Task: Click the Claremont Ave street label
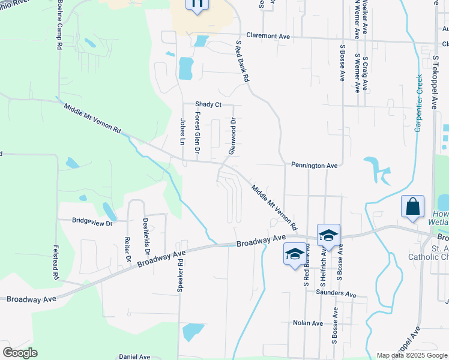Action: pyautogui.click(x=268, y=36)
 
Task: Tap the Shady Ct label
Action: pyautogui.click(x=208, y=104)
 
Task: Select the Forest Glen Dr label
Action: pyautogui.click(x=196, y=131)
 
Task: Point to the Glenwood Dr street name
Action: pyautogui.click(x=232, y=136)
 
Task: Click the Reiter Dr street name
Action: pyautogui.click(x=127, y=250)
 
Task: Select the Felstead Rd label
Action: pyautogui.click(x=55, y=262)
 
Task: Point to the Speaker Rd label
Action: pyautogui.click(x=179, y=276)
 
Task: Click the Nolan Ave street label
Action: pyautogui.click(x=308, y=323)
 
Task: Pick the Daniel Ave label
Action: pyautogui.click(x=134, y=356)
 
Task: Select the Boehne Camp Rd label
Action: pyautogui.click(x=60, y=25)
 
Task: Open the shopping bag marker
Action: pyautogui.click(x=413, y=207)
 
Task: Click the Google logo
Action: pyautogui.click(x=20, y=353)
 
